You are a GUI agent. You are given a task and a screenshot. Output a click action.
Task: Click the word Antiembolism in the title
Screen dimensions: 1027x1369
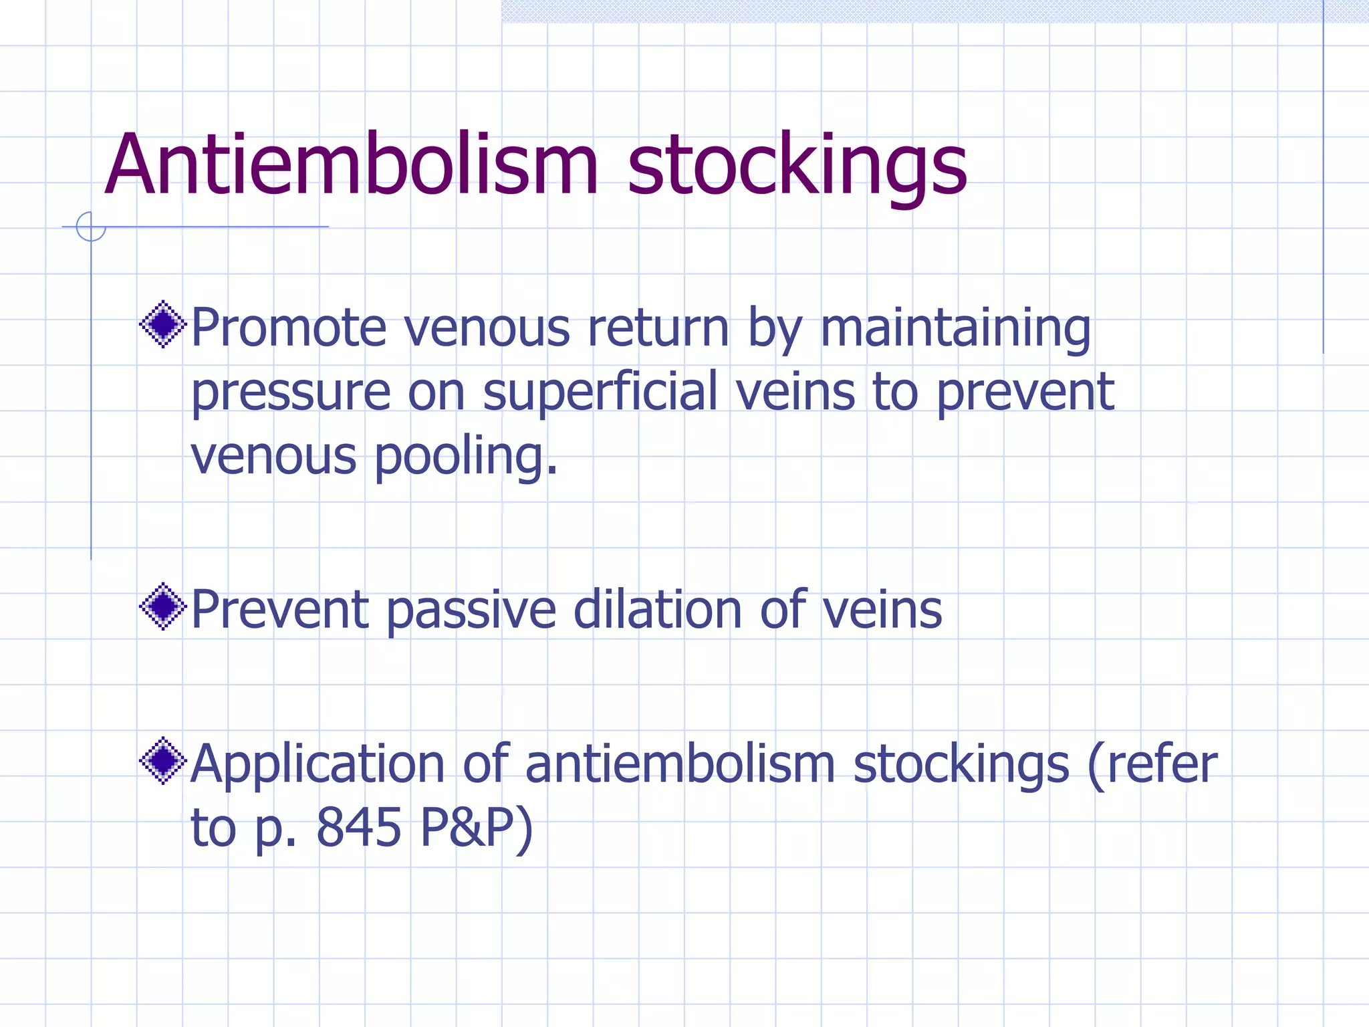pos(351,165)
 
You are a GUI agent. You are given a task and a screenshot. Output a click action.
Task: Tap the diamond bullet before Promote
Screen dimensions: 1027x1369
pos(162,325)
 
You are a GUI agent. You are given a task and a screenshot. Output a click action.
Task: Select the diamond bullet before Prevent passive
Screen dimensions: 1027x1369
pos(162,606)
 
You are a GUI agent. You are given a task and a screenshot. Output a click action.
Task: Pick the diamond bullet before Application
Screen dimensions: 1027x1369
pos(162,760)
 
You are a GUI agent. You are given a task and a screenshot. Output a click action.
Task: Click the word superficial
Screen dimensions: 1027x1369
pos(600,392)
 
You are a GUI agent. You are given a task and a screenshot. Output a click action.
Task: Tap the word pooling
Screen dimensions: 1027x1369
pos(466,457)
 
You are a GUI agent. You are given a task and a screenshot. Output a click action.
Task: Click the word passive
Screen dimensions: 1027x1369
pos(471,610)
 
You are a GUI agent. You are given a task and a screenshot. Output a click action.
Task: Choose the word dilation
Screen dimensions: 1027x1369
pos(658,610)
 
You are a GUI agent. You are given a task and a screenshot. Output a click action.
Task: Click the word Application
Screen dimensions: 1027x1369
pos(318,764)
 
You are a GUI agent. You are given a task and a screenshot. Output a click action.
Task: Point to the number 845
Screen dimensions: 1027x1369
pos(359,828)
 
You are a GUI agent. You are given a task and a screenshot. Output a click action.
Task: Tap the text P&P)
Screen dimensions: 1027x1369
pos(477,828)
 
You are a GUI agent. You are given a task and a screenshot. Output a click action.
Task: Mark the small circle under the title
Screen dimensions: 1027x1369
pos(91,227)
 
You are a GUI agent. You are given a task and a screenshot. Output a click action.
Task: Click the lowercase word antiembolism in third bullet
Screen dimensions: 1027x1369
pos(680,764)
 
